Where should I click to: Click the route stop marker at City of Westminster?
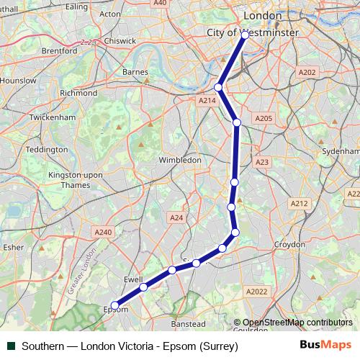point(245,35)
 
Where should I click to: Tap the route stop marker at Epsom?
point(114,305)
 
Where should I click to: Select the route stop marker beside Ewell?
point(143,287)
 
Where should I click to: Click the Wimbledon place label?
point(179,160)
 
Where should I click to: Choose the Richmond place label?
point(78,93)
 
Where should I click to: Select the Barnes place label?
point(135,72)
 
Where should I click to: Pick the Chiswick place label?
point(119,41)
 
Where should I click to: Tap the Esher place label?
point(14,247)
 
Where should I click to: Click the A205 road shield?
point(263,117)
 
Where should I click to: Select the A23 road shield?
point(262,163)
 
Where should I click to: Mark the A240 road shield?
point(103,232)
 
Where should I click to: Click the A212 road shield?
point(300,204)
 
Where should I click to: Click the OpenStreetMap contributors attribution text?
point(297,323)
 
